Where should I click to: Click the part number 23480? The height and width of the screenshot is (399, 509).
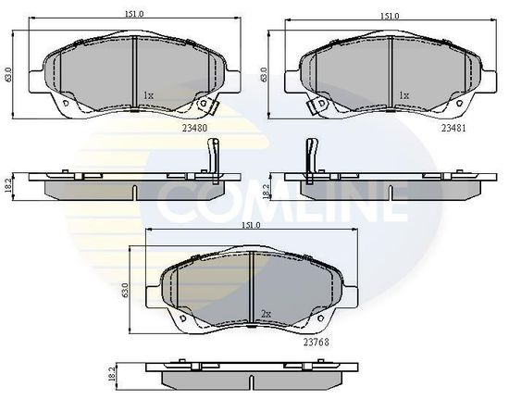[194, 128]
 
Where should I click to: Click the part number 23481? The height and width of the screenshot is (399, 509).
[453, 128]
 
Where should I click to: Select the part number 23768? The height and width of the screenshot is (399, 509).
[316, 343]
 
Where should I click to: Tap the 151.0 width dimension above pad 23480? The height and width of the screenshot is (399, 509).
[134, 14]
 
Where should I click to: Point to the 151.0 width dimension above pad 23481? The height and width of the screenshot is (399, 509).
[390, 16]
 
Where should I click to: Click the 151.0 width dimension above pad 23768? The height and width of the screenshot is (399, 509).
[251, 225]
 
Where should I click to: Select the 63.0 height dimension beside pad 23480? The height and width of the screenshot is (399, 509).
[8, 74]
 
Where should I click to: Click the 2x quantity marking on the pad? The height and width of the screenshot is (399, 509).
[266, 314]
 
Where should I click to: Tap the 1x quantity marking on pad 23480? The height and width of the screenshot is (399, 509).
[148, 95]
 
